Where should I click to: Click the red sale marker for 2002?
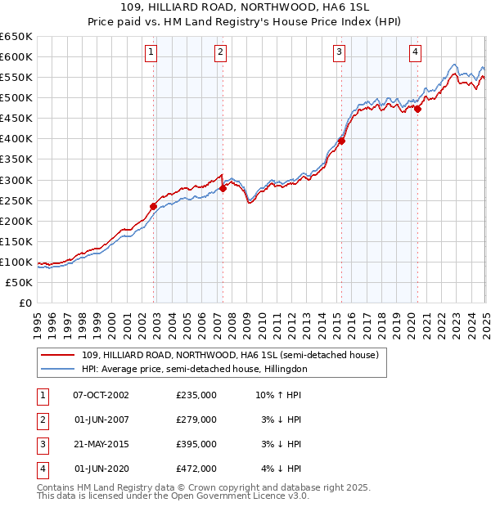pos(154,206)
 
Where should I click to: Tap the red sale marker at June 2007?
pos(223,188)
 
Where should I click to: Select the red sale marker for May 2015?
pos(341,141)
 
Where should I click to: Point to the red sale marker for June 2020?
pos(417,109)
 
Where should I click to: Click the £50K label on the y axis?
pos(20,282)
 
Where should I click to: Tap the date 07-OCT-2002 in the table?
pos(101,395)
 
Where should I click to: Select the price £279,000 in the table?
pos(196,420)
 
